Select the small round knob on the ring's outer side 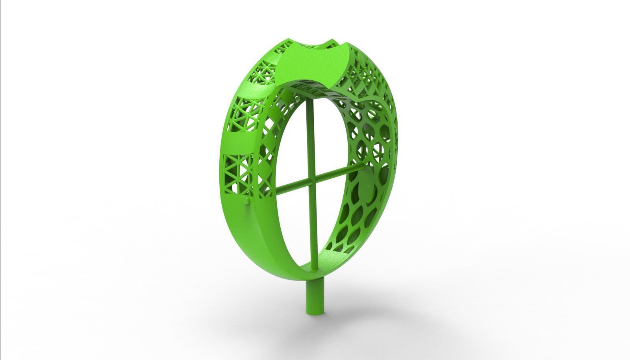pyautogui.click(x=247, y=201)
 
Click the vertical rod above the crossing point pyautogui.click(x=309, y=138)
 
